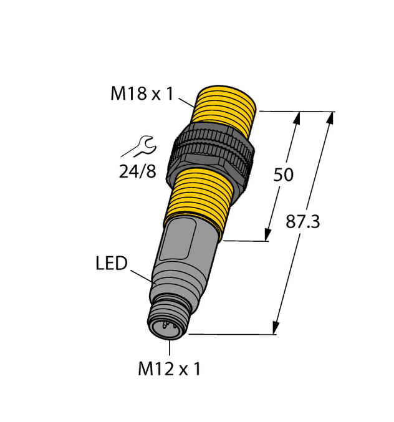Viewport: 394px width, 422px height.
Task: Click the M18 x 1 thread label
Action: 140,94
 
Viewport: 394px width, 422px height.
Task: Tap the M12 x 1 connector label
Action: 169,370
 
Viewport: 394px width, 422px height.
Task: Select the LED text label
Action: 111,264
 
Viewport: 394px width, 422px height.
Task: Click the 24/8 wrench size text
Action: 137,171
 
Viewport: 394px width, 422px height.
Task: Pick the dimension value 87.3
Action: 302,221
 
